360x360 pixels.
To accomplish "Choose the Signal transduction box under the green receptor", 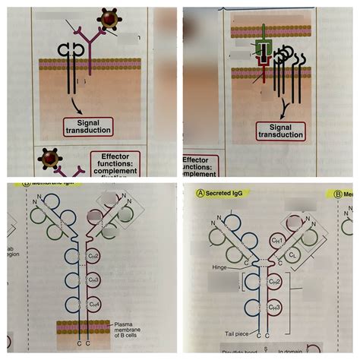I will (280, 130).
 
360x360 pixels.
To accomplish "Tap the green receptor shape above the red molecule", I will (263, 47).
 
